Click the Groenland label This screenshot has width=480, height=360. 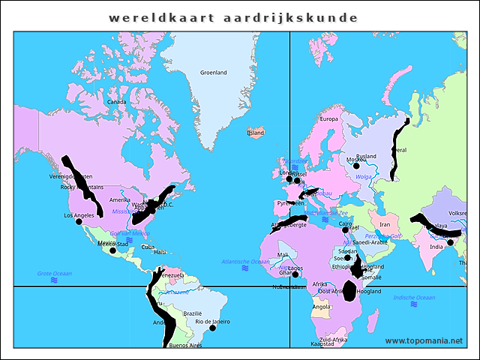tap(213, 73)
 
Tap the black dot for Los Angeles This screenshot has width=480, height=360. tap(79, 221)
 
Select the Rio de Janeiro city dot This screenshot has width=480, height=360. tap(212, 328)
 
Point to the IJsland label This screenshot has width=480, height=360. tap(256, 133)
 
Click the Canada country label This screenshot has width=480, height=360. tap(116, 102)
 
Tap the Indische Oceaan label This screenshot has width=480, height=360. tap(414, 298)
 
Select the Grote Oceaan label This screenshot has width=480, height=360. tap(54, 274)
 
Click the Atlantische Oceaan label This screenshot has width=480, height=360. tap(245, 261)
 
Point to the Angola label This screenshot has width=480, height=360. tap(321, 307)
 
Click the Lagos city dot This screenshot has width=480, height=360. tap(295, 274)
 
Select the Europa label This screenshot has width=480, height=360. tap(329, 118)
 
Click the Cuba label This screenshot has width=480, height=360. tap(148, 247)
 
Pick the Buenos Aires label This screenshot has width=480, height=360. tap(185, 345)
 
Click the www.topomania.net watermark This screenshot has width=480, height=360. tap(424, 340)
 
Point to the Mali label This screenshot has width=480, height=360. tap(282, 255)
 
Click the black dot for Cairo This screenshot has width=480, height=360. tap(346, 229)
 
